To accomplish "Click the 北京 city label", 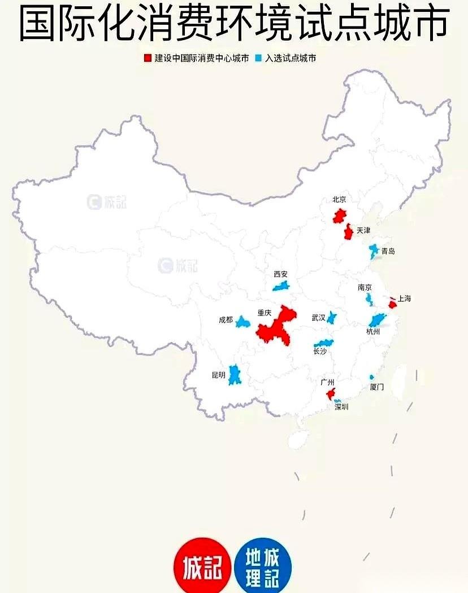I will (339, 200).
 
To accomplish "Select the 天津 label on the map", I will (363, 230).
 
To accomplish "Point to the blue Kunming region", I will (235, 375).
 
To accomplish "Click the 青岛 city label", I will (388, 251).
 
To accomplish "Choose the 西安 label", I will (280, 274).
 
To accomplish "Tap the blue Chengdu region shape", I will (243, 322).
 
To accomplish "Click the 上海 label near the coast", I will (404, 298).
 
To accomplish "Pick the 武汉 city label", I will (318, 318).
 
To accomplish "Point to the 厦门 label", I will (376, 387).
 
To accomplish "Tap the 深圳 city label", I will (341, 406).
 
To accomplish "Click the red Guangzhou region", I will (331, 393).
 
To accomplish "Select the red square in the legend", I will (148, 58).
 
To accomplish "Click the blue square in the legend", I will (259, 58).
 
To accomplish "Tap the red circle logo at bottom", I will (202, 565).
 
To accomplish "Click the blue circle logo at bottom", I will (263, 565).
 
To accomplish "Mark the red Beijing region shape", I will (339, 216).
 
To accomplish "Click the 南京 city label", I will (365, 287).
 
